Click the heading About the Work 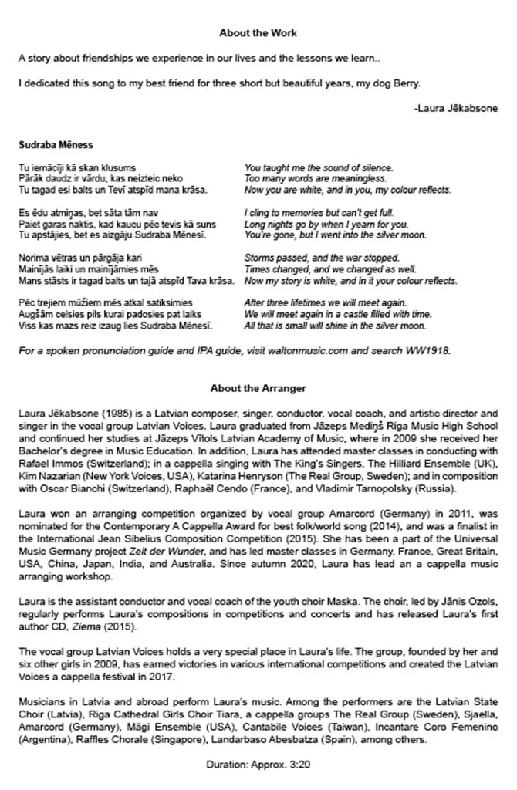pyautogui.click(x=258, y=33)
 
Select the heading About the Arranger pyautogui.click(x=258, y=388)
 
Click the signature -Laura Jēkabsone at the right pyautogui.click(x=455, y=108)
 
